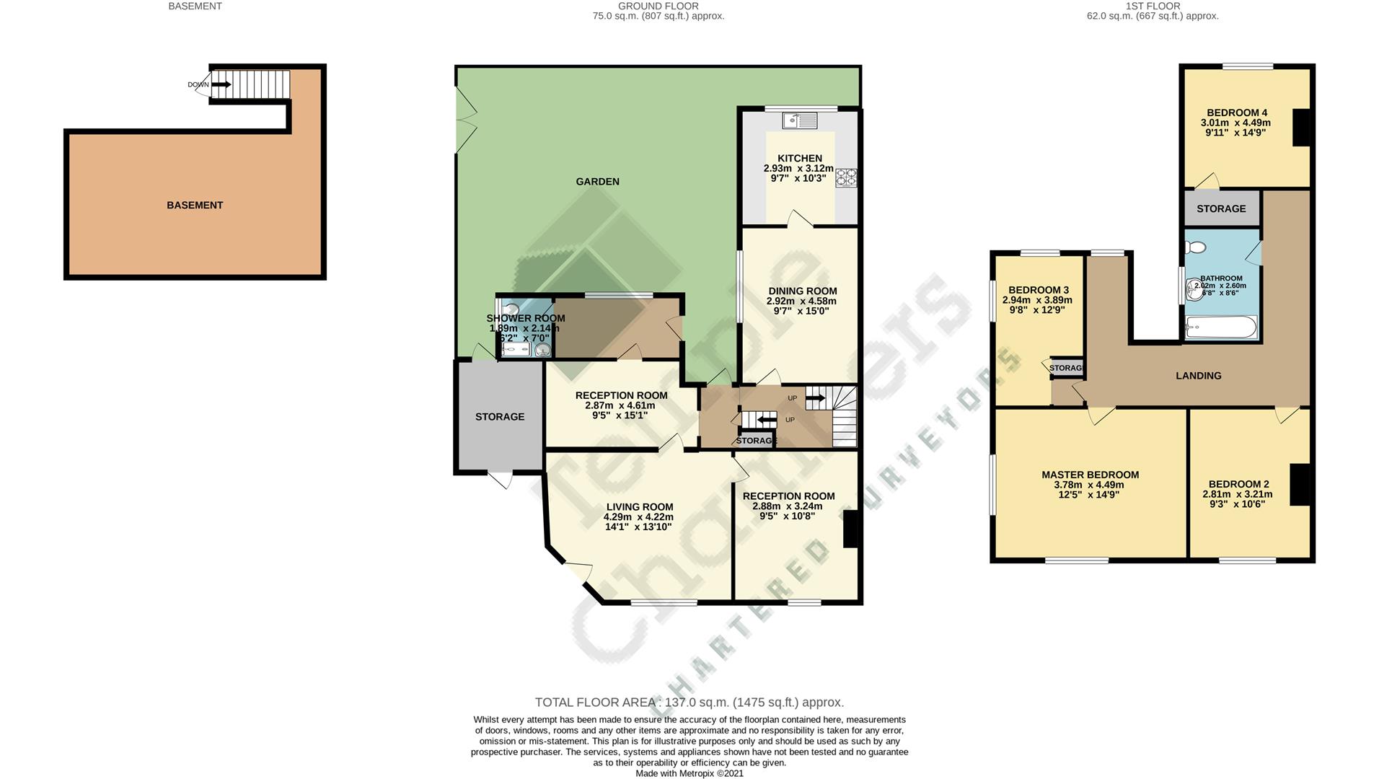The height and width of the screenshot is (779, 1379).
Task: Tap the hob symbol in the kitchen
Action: pyautogui.click(x=846, y=177)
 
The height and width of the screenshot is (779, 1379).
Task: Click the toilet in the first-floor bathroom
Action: pyautogui.click(x=1196, y=247)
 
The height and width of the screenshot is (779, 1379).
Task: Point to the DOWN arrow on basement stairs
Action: pyautogui.click(x=222, y=84)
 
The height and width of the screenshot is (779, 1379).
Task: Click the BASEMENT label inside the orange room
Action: pyautogui.click(x=195, y=205)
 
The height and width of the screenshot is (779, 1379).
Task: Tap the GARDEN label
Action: pyautogui.click(x=597, y=182)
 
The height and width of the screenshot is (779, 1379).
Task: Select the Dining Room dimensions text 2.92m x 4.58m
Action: pyautogui.click(x=801, y=302)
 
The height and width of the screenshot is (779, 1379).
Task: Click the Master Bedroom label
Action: pyautogui.click(x=1090, y=475)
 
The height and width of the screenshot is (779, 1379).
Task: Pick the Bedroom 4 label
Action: pyautogui.click(x=1237, y=113)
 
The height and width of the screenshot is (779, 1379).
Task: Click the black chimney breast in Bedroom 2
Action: pyautogui.click(x=1300, y=484)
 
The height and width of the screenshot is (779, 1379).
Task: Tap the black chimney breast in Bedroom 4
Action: pyautogui.click(x=1301, y=128)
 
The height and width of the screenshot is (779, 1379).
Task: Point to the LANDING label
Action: pyautogui.click(x=1198, y=376)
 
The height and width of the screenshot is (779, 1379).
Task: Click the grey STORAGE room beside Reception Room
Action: pyautogui.click(x=499, y=417)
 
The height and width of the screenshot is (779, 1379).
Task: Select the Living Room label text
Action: pyautogui.click(x=639, y=507)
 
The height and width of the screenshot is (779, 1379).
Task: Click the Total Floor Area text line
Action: pyautogui.click(x=689, y=702)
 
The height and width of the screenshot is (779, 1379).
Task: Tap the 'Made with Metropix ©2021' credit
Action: pyautogui.click(x=689, y=773)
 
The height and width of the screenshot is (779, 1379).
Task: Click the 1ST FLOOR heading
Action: pyautogui.click(x=1153, y=6)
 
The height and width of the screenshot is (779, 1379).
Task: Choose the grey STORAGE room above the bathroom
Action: pyautogui.click(x=1221, y=208)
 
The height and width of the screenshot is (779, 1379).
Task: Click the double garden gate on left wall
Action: pyautogui.click(x=465, y=119)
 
